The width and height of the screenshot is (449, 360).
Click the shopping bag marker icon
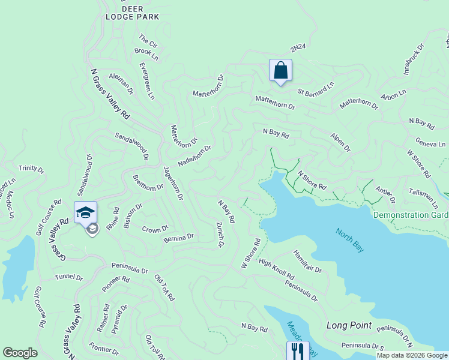pos(280,71)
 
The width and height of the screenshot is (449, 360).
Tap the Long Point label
pos(349,325)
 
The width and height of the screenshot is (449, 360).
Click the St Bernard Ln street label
pos(316,89)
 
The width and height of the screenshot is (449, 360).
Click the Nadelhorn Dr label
pos(194,156)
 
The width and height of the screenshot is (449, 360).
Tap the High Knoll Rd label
pos(276,269)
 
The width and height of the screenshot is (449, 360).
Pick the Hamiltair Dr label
pos(307,262)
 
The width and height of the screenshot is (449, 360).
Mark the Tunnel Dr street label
pos(68,277)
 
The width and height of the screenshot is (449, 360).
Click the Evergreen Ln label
pos(147,80)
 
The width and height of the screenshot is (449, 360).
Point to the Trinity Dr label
pos(31,169)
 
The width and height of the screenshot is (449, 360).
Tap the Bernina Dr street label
pos(178,238)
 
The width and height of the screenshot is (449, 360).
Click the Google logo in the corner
pos(20,353)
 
